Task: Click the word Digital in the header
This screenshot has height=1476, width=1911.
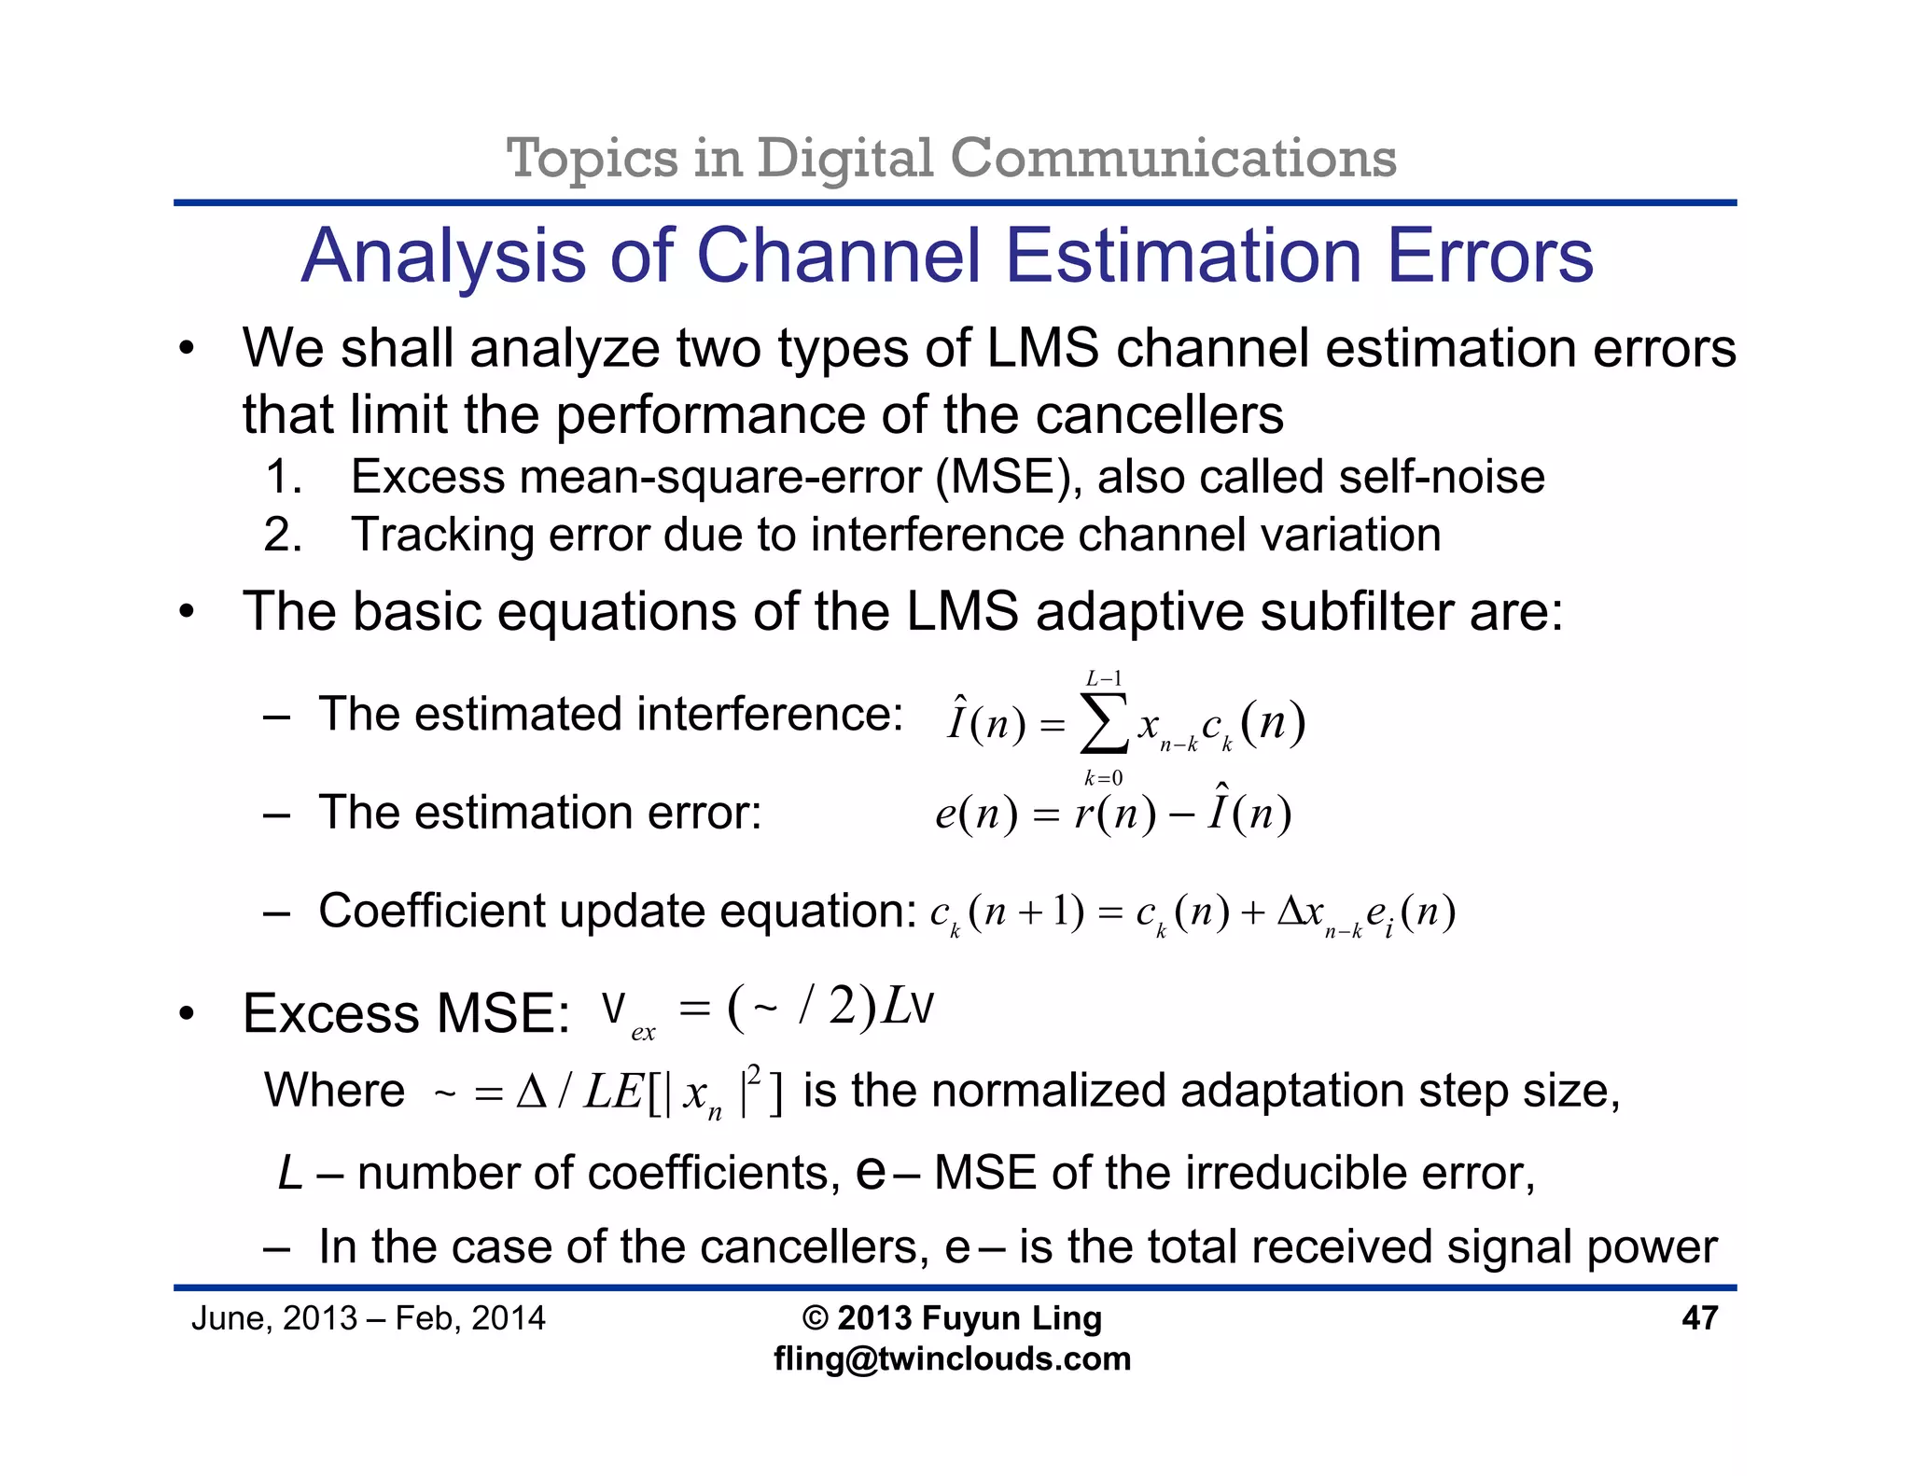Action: pyautogui.click(x=844, y=158)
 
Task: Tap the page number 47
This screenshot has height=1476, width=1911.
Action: pyautogui.click(x=1699, y=1317)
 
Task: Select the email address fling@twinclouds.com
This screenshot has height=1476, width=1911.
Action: pyautogui.click(x=952, y=1358)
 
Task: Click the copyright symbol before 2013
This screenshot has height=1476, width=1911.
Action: pyautogui.click(x=815, y=1318)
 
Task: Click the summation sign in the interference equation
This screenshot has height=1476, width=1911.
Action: pyautogui.click(x=1103, y=723)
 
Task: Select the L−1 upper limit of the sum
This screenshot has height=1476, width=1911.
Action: pyautogui.click(x=1104, y=678)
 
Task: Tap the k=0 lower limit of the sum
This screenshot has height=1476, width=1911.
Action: pyautogui.click(x=1103, y=778)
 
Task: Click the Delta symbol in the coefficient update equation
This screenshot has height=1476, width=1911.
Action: pyautogui.click(x=1290, y=911)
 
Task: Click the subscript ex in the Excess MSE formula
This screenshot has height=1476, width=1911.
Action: pyautogui.click(x=643, y=1033)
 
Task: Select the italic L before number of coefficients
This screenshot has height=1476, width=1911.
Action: pyautogui.click(x=290, y=1174)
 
